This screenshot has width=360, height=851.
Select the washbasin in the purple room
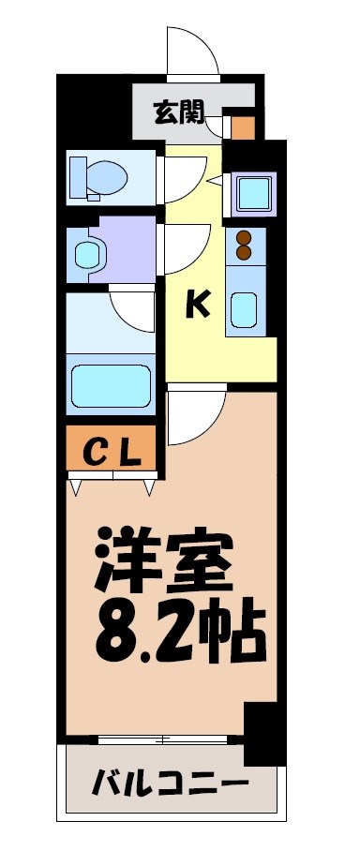[x=88, y=252]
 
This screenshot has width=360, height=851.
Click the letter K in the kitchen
[x=196, y=304]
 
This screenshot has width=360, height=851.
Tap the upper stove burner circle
[x=245, y=238]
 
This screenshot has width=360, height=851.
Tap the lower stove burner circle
[x=245, y=252]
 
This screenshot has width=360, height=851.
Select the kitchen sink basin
[x=247, y=308]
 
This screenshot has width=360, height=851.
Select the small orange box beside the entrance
[x=243, y=126]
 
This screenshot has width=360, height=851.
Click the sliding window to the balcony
[x=164, y=739]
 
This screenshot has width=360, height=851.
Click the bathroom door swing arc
[x=131, y=309]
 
